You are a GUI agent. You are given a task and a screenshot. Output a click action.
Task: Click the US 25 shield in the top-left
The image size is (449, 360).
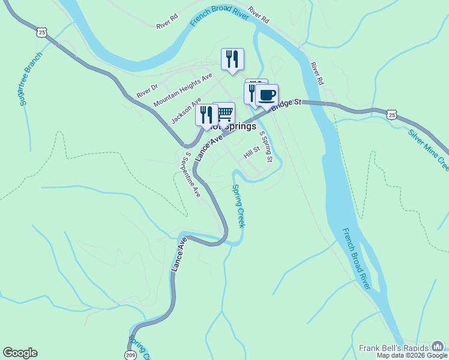click(x=41, y=32)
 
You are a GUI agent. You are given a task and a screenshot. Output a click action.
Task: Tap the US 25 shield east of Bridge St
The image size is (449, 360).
click(x=392, y=114)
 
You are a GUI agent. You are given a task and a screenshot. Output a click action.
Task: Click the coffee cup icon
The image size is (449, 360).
click(x=267, y=95)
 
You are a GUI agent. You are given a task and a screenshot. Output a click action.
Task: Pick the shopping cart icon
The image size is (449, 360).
click(x=224, y=113)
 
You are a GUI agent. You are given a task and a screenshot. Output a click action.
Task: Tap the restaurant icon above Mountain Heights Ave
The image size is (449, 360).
click(x=232, y=59)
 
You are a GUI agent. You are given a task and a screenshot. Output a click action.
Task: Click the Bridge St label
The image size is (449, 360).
click(x=285, y=106)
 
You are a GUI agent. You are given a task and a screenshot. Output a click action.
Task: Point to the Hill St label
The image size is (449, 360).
click(x=251, y=152)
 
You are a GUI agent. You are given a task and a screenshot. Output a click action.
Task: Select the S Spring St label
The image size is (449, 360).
click(x=266, y=146)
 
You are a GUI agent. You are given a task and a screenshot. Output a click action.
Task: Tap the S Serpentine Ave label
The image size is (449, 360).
click(x=192, y=174)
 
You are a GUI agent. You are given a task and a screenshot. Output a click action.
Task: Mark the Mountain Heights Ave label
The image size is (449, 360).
click(x=182, y=90)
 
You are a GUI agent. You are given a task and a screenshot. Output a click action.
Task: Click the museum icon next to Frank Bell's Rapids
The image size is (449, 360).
click(x=438, y=346)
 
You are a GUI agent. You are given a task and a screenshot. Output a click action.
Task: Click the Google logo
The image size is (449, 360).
click(x=20, y=353)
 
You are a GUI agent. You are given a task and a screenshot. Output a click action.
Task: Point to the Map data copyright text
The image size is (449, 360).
click(x=412, y=356)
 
